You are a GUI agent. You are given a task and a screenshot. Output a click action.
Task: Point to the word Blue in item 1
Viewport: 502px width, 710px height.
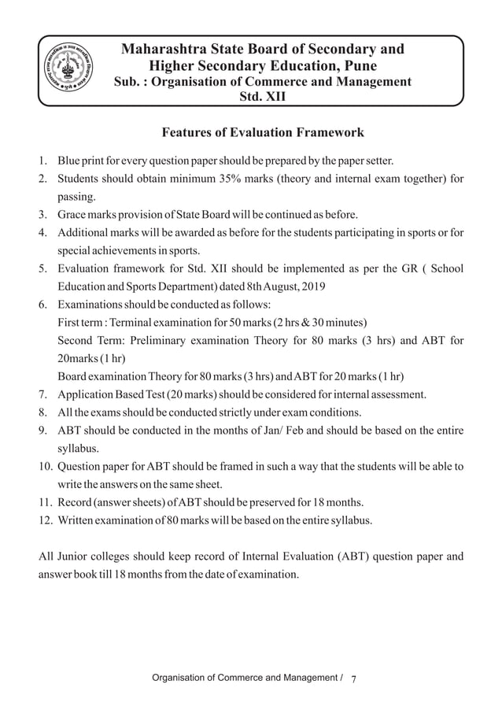tap(71, 162)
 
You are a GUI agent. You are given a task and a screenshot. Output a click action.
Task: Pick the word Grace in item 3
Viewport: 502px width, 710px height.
tap(75, 214)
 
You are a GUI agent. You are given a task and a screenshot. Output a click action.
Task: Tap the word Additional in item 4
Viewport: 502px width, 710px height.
tap(85, 233)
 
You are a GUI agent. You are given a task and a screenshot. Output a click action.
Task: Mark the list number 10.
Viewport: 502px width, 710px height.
tap(45, 465)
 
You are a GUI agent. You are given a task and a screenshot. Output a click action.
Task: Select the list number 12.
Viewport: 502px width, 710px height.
tap(45, 519)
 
